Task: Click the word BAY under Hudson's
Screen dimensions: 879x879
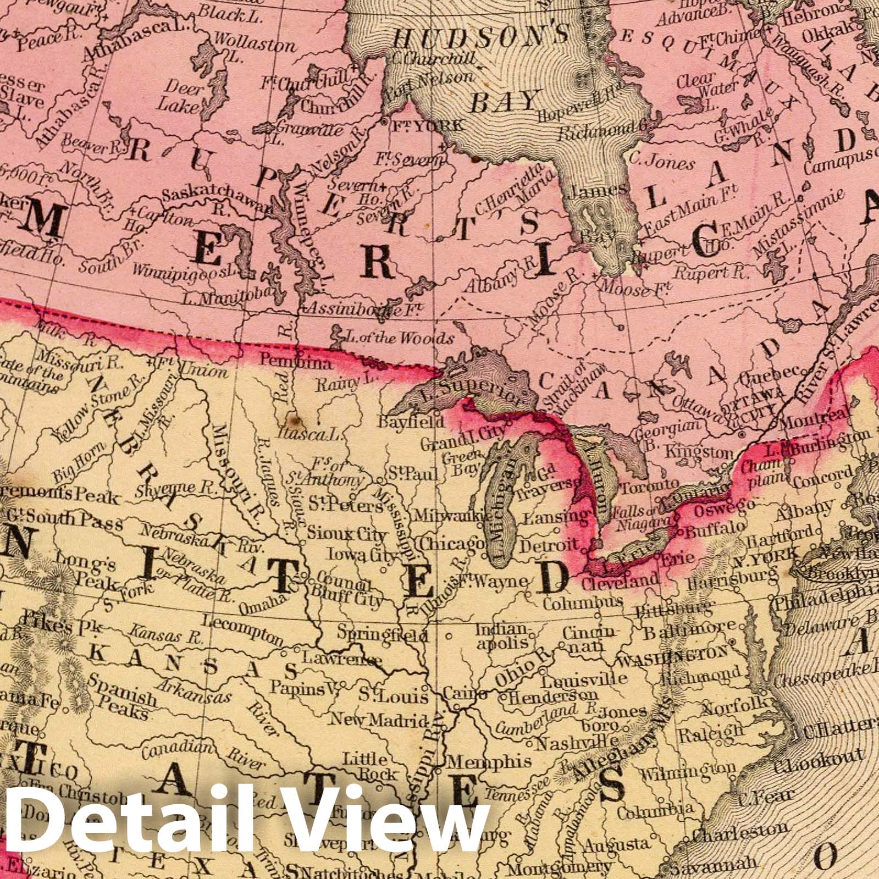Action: click(x=504, y=102)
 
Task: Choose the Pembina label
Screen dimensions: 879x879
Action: click(x=296, y=363)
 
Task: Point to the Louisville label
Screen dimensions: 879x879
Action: click(x=584, y=679)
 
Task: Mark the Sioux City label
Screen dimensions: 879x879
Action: click(x=339, y=533)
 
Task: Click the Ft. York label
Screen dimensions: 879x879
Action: click(x=427, y=126)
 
